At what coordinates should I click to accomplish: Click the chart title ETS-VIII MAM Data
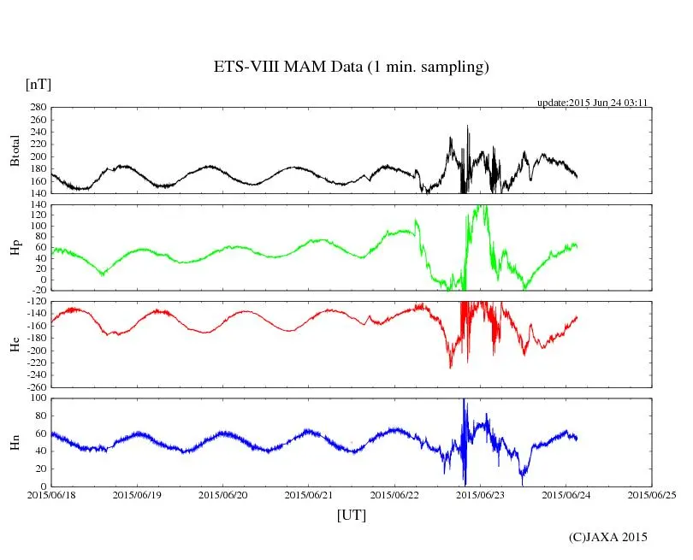tap(351, 67)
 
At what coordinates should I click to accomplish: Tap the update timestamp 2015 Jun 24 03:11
tap(591, 102)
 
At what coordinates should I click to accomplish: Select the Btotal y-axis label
tap(14, 150)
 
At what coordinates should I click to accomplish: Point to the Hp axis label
tap(14, 248)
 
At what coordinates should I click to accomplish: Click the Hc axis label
tap(14, 344)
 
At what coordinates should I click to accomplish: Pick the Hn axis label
tap(14, 442)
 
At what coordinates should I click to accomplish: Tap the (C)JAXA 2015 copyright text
tap(608, 537)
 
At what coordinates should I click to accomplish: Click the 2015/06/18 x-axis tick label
tap(51, 495)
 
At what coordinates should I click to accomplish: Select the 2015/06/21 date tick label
tap(310, 495)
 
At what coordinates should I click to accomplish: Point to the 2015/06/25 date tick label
tap(653, 495)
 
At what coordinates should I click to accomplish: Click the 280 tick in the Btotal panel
tap(37, 108)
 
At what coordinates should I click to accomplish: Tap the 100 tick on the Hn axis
tap(37, 398)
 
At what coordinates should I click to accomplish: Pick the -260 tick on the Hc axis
tap(34, 386)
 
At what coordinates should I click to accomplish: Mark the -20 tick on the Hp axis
tap(38, 291)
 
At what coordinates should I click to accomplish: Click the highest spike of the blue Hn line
tap(464, 400)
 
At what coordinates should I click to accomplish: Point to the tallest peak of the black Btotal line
tap(467, 127)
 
